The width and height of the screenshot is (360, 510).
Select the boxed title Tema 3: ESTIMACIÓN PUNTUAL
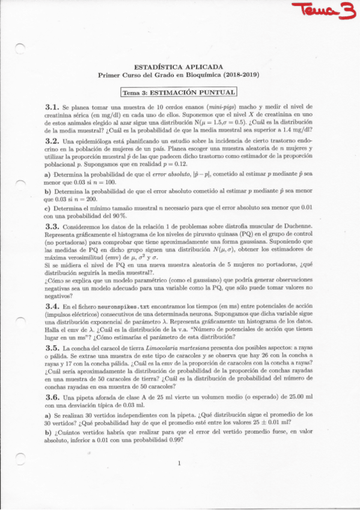(x=178, y=93)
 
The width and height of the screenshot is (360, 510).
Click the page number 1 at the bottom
(x=179, y=463)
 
